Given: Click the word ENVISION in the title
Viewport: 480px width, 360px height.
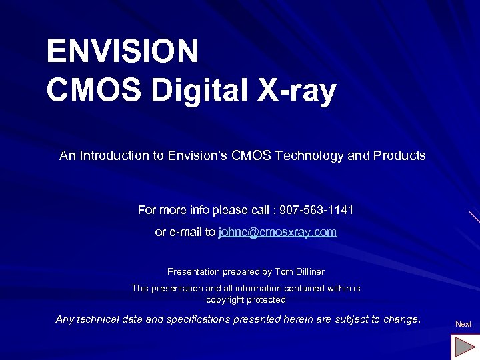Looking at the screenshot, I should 122,51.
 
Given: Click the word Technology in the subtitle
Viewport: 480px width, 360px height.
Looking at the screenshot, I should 311,156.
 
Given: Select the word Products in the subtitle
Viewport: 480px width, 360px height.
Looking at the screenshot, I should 399,156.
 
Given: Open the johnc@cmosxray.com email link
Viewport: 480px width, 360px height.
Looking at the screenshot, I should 277,232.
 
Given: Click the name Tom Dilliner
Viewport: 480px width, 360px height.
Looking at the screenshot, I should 299,272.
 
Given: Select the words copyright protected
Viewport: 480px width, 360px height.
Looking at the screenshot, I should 246,300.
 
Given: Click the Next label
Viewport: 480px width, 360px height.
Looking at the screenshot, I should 463,324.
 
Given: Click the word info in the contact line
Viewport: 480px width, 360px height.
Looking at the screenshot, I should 198,211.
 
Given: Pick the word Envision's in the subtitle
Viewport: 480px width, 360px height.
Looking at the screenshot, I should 197,156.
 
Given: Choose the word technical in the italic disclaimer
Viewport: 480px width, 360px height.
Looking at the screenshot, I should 99,320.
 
